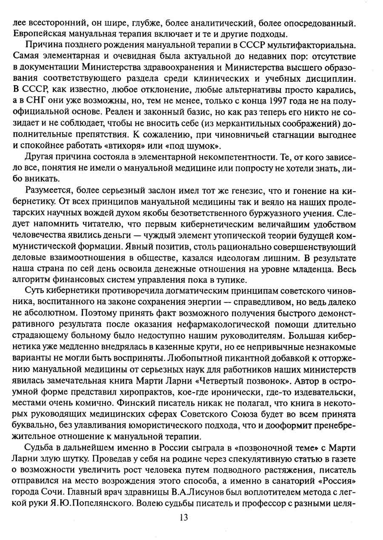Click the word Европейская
point(37,33)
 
